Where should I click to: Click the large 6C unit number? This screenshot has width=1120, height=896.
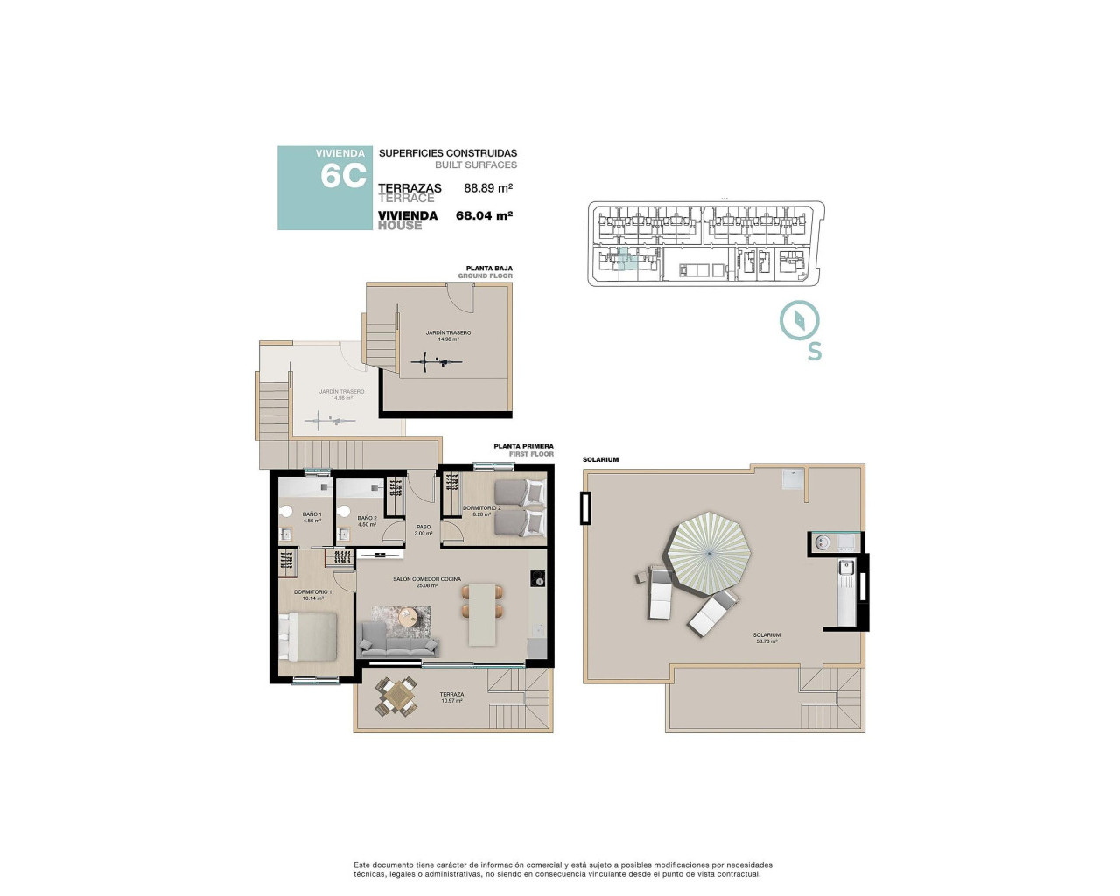coord(343,176)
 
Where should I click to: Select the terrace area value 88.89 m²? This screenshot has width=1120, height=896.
coord(487,188)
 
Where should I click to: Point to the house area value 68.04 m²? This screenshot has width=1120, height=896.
coord(484,215)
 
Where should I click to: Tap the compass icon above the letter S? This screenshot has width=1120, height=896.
coord(799,319)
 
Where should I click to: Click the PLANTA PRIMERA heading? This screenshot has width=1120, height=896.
coord(523,446)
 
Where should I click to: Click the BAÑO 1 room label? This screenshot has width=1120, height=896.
coord(311,514)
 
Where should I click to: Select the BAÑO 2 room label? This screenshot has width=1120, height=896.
coord(367,518)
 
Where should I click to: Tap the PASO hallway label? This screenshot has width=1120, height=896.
coord(423,527)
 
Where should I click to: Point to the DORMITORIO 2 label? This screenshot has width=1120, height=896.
coord(481,507)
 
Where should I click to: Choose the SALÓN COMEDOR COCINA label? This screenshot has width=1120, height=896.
coord(427,579)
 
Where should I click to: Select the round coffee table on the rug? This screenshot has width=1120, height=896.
coord(409,617)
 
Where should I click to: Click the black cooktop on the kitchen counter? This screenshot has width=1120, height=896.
coord(537,578)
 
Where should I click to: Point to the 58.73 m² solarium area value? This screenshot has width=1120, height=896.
coord(766,641)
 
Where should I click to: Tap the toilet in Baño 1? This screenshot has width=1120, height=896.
coord(285,512)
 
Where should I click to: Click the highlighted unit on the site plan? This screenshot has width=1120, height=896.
coord(624,258)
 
